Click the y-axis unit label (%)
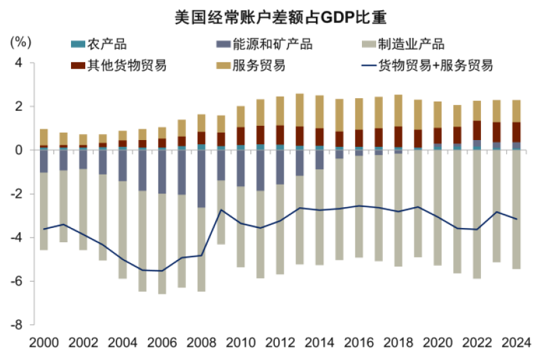[x=21, y=42]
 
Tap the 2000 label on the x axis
[x=44, y=342]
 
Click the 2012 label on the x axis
[x=280, y=342]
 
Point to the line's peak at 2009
[x=221, y=210]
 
